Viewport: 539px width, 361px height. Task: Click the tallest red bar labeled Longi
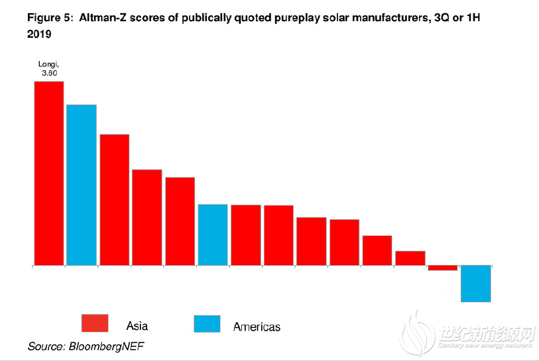tap(49, 173)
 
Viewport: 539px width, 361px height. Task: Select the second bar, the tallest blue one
tap(82, 185)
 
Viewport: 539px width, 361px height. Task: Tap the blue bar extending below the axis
tap(476, 284)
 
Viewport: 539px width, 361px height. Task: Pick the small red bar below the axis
tap(443, 268)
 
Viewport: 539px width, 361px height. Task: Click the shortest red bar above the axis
tap(410, 258)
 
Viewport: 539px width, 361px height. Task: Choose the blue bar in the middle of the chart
tap(213, 234)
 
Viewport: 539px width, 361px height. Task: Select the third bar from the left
tap(115, 199)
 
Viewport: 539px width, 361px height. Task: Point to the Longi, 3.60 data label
tap(49, 68)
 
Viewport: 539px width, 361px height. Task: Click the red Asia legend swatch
tap(95, 323)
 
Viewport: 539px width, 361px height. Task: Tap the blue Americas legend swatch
tap(207, 323)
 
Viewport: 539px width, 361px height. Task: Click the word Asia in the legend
tap(137, 325)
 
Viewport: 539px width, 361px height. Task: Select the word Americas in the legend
tap(257, 327)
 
